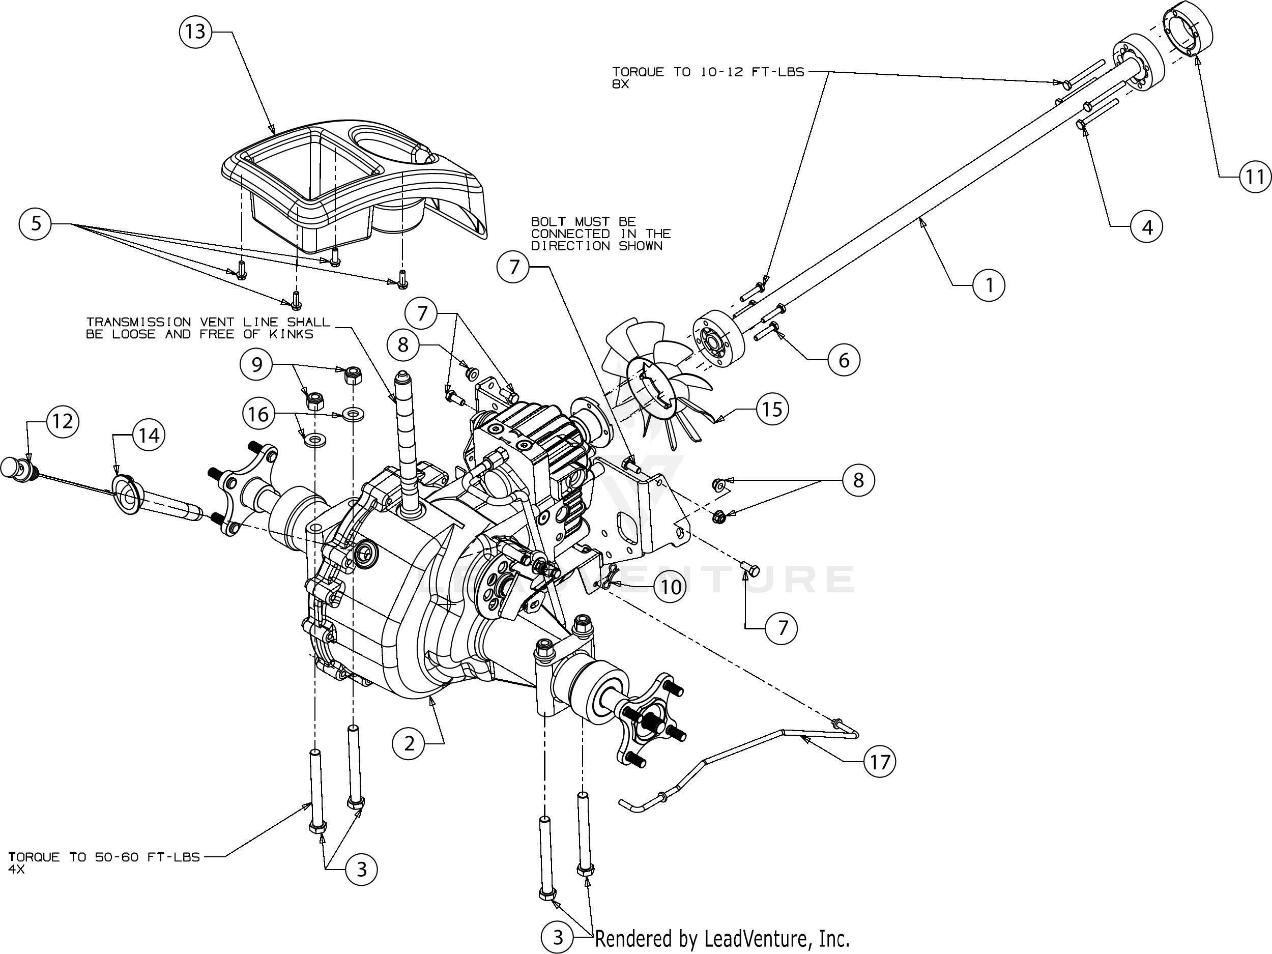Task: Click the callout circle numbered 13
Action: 195,31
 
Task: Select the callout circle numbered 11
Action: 1254,177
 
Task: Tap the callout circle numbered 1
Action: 989,284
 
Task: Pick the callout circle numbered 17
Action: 880,762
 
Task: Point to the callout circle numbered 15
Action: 772,409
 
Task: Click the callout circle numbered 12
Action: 63,421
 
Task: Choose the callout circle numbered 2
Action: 409,744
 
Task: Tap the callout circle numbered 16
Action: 258,414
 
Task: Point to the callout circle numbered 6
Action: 844,360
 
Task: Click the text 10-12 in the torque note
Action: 720,72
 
